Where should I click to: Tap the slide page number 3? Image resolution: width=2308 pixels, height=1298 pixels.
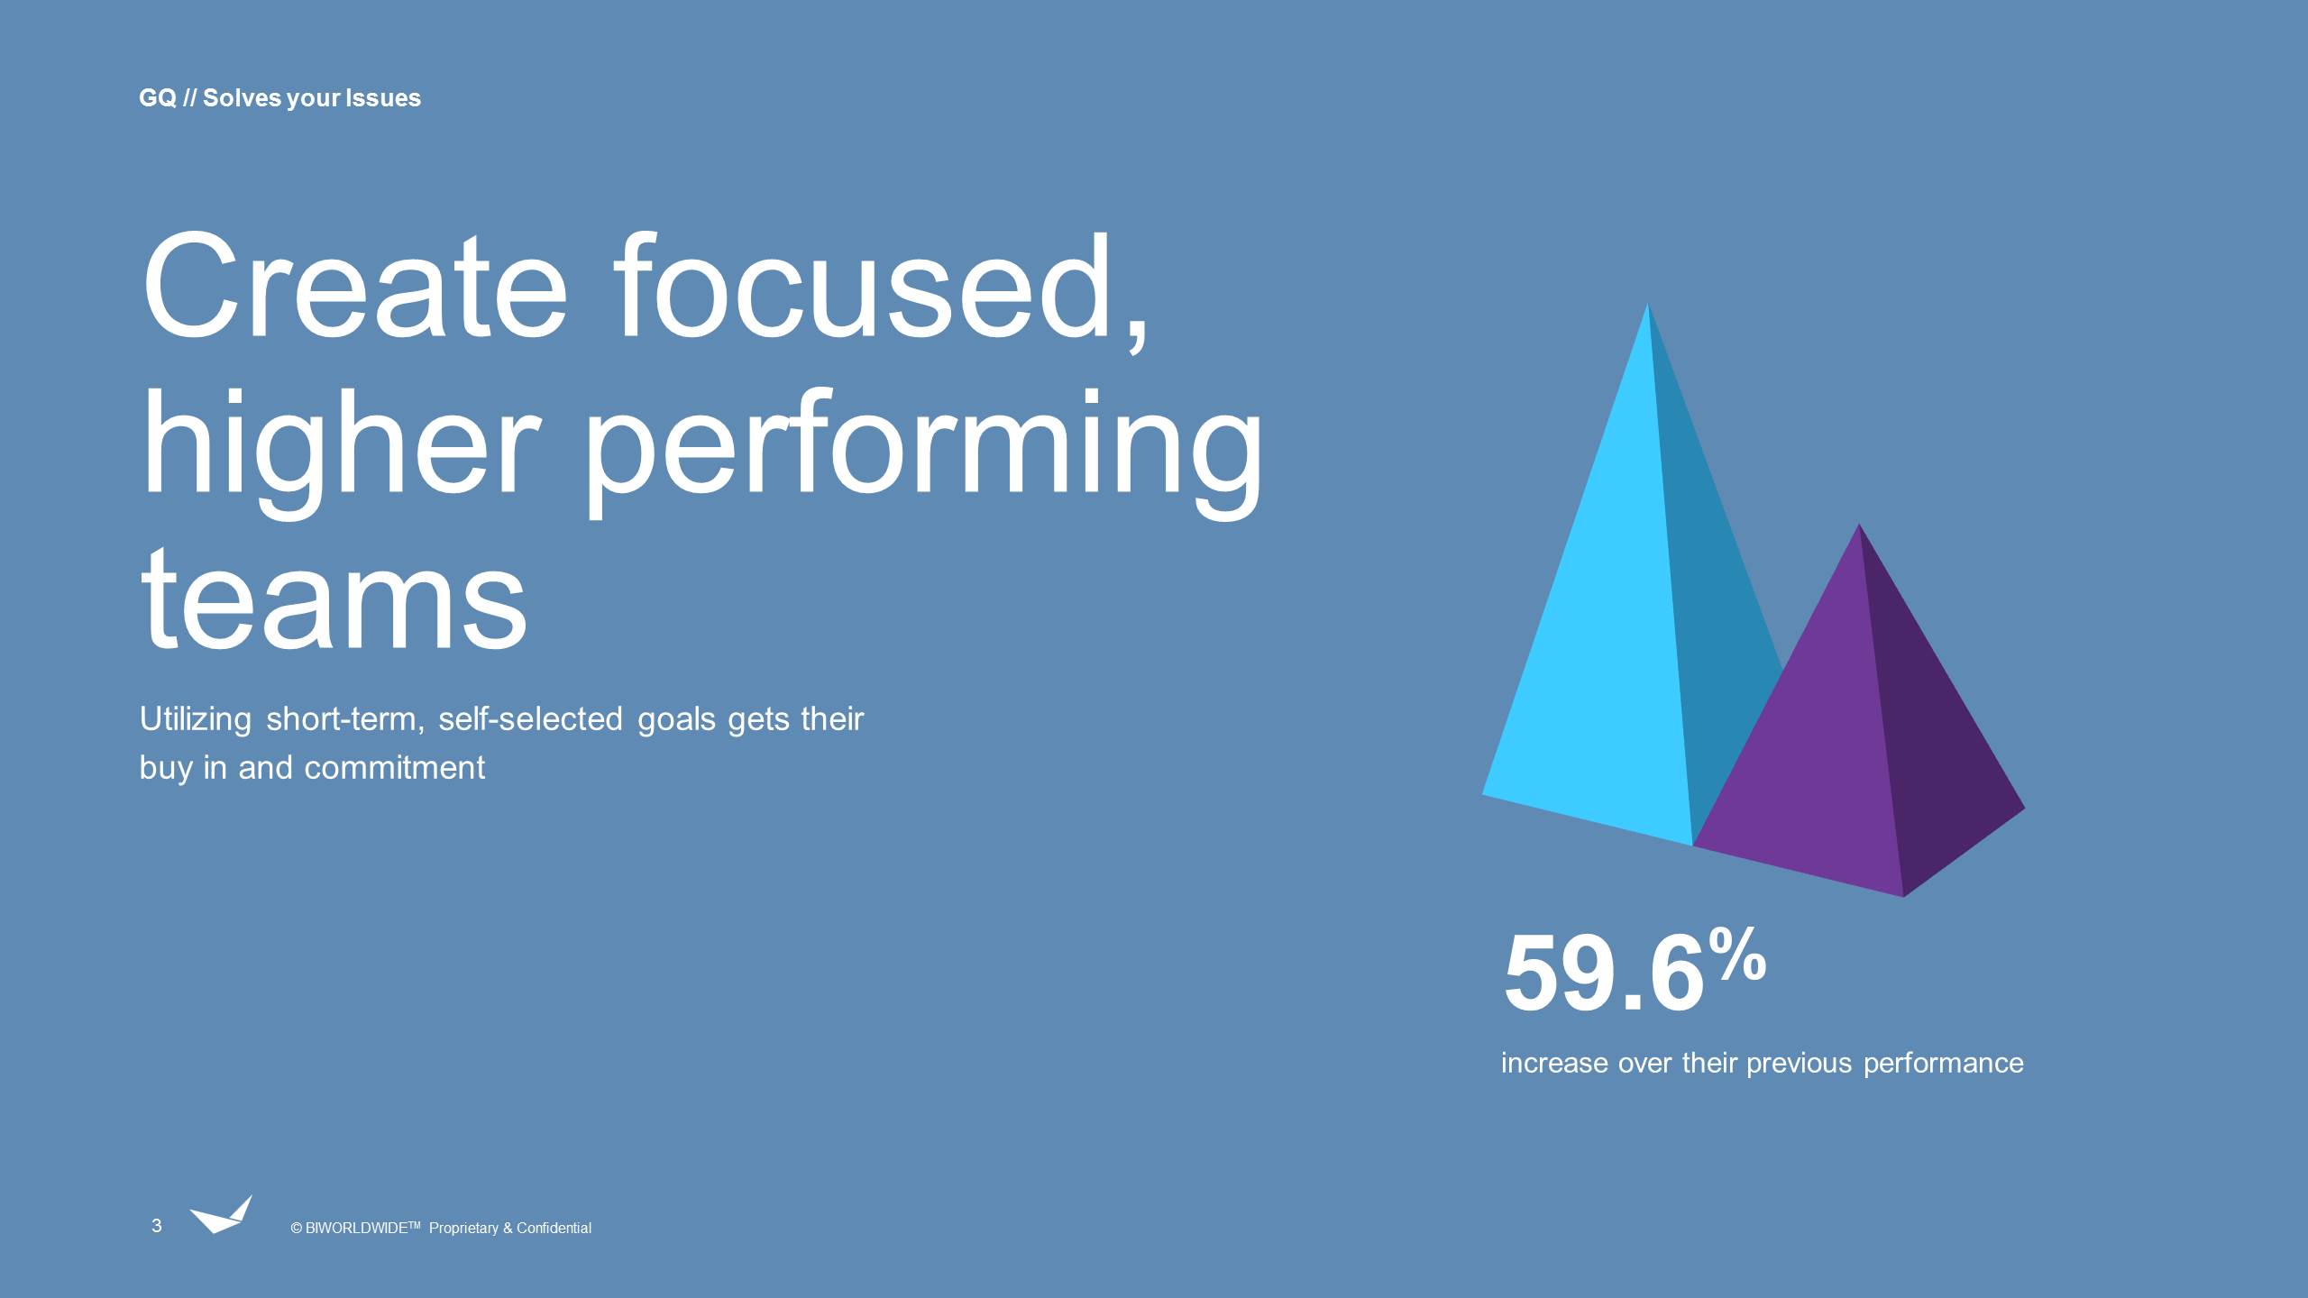pos(157,1226)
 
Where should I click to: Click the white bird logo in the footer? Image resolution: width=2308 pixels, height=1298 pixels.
pos(220,1216)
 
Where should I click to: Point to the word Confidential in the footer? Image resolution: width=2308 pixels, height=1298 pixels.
pos(554,1229)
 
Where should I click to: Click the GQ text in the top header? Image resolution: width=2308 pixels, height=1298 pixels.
pos(157,98)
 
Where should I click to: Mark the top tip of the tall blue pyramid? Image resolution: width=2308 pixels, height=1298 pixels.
pos(1648,306)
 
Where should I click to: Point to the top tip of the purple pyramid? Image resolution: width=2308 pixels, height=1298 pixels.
pos(1858,526)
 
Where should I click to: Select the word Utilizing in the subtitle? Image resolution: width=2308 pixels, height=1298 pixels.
pos(196,719)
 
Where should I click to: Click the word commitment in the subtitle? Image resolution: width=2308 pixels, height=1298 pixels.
pos(394,768)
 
